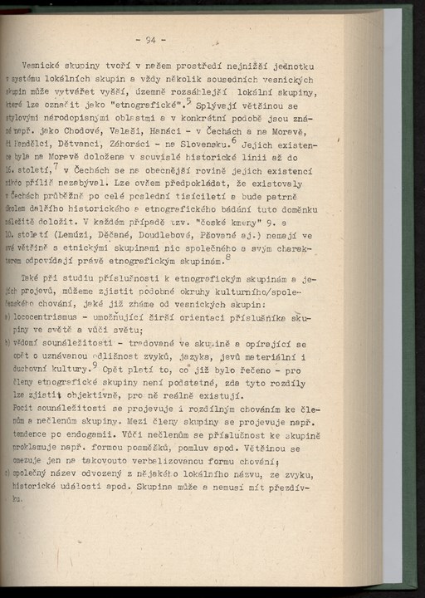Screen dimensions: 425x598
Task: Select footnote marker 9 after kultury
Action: [x=95, y=362]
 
